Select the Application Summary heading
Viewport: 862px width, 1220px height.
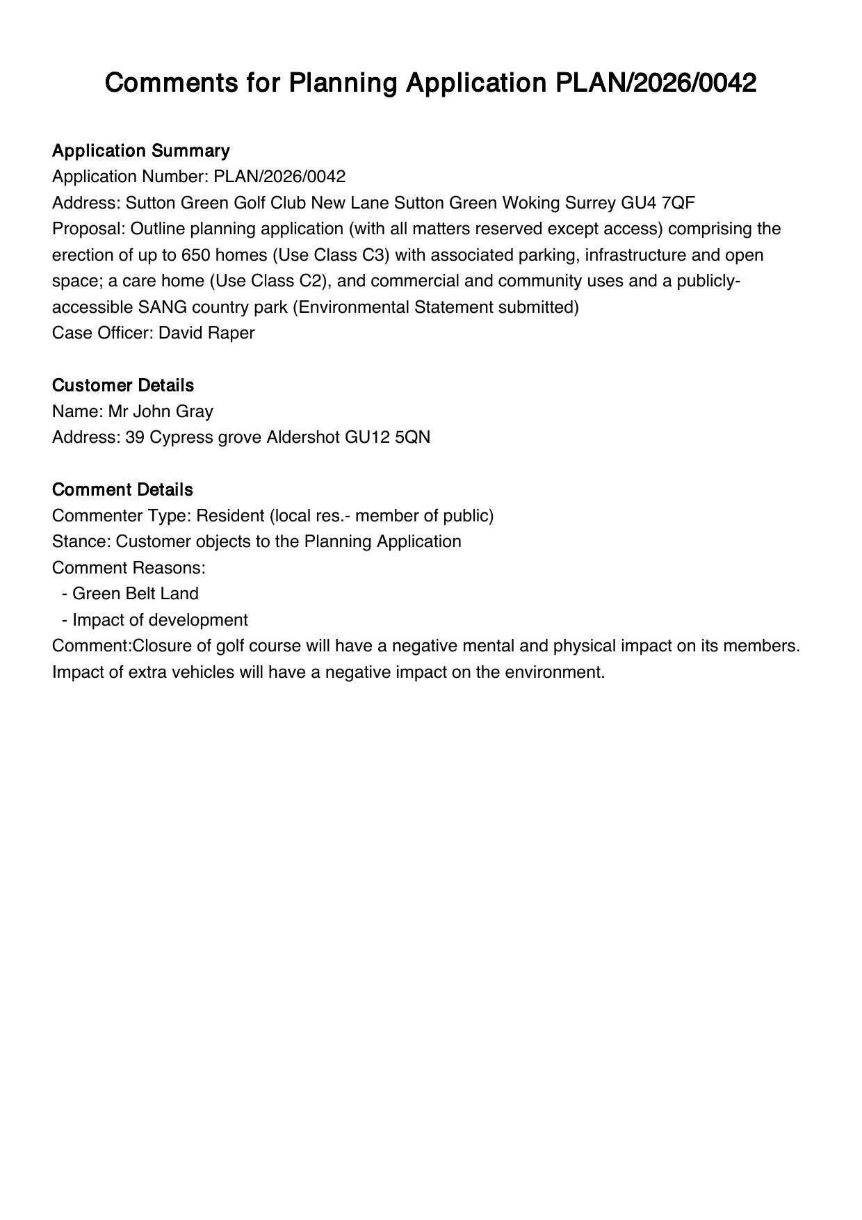140,151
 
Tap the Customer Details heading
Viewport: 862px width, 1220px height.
123,385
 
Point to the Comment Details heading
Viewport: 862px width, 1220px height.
122,489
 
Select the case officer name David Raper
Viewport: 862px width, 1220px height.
206,333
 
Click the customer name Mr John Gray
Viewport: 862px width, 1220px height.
161,412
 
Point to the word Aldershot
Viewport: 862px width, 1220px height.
303,437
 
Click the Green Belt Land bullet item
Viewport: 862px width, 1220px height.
135,594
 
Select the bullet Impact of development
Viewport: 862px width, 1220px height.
160,620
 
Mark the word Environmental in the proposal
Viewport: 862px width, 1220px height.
352,307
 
